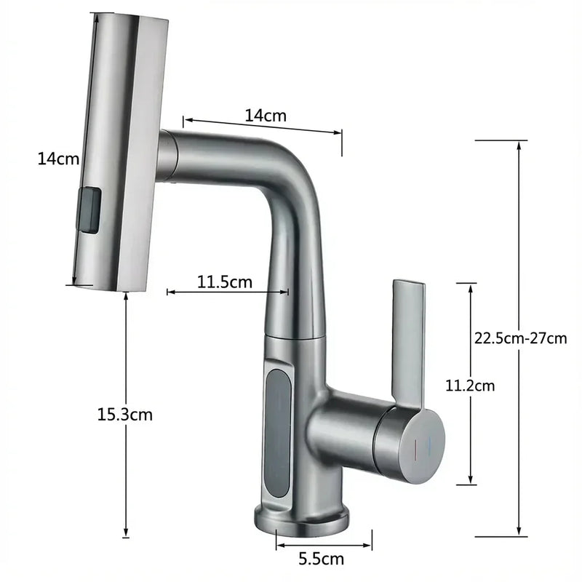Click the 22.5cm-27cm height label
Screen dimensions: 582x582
coord(520,338)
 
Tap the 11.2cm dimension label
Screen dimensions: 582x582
coord(470,386)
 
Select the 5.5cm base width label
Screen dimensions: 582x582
coord(322,559)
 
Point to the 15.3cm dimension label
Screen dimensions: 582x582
coord(124,414)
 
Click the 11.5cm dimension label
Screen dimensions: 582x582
coord(225,282)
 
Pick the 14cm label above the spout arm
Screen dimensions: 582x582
coord(266,116)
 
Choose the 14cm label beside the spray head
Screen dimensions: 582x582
coord(58,159)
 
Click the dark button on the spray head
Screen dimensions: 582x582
coord(89,210)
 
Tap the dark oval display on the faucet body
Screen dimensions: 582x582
coord(278,433)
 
